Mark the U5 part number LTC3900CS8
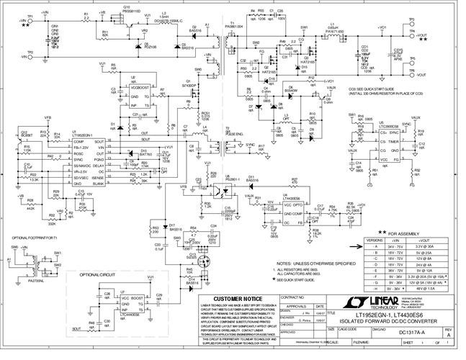(382, 124)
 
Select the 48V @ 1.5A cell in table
(440, 290)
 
